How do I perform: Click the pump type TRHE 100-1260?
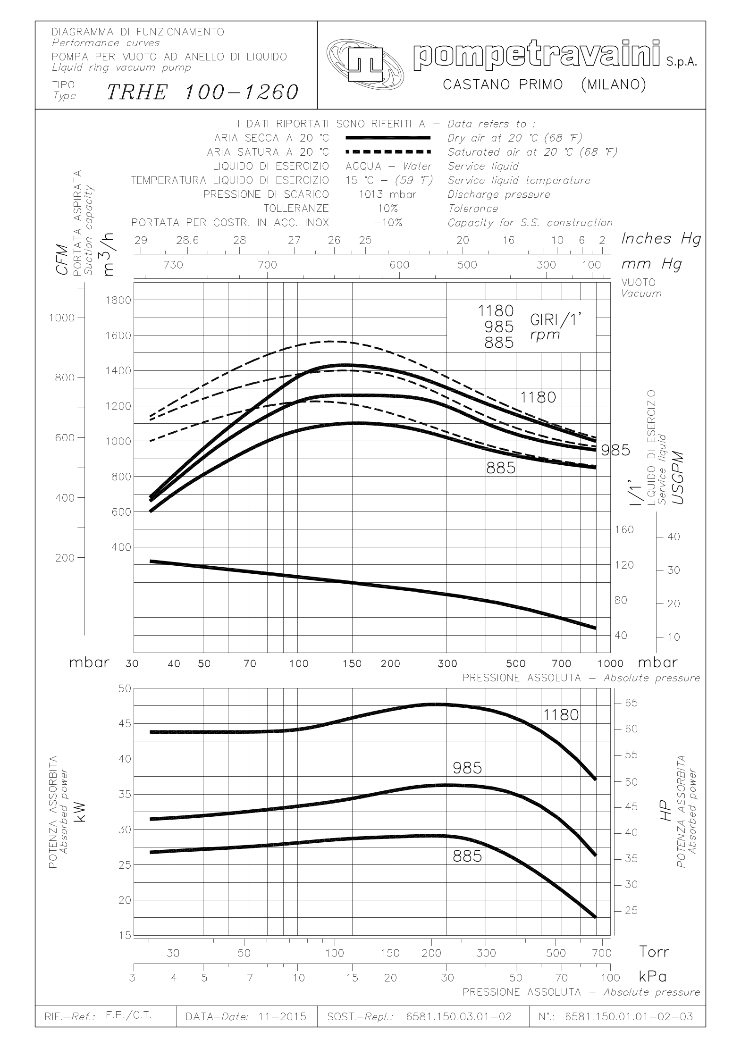[203, 92]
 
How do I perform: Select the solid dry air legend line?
[388, 138]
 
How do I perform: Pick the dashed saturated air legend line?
[388, 152]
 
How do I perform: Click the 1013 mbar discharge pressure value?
[387, 194]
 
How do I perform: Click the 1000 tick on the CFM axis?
[62, 318]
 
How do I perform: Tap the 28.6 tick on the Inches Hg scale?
[187, 240]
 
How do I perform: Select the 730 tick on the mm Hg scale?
[173, 265]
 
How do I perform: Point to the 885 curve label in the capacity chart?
[501, 468]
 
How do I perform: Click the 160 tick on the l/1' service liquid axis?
[624, 530]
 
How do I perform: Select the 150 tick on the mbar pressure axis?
[352, 663]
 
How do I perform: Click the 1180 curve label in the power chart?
[561, 715]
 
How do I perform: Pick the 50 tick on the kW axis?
[124, 688]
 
